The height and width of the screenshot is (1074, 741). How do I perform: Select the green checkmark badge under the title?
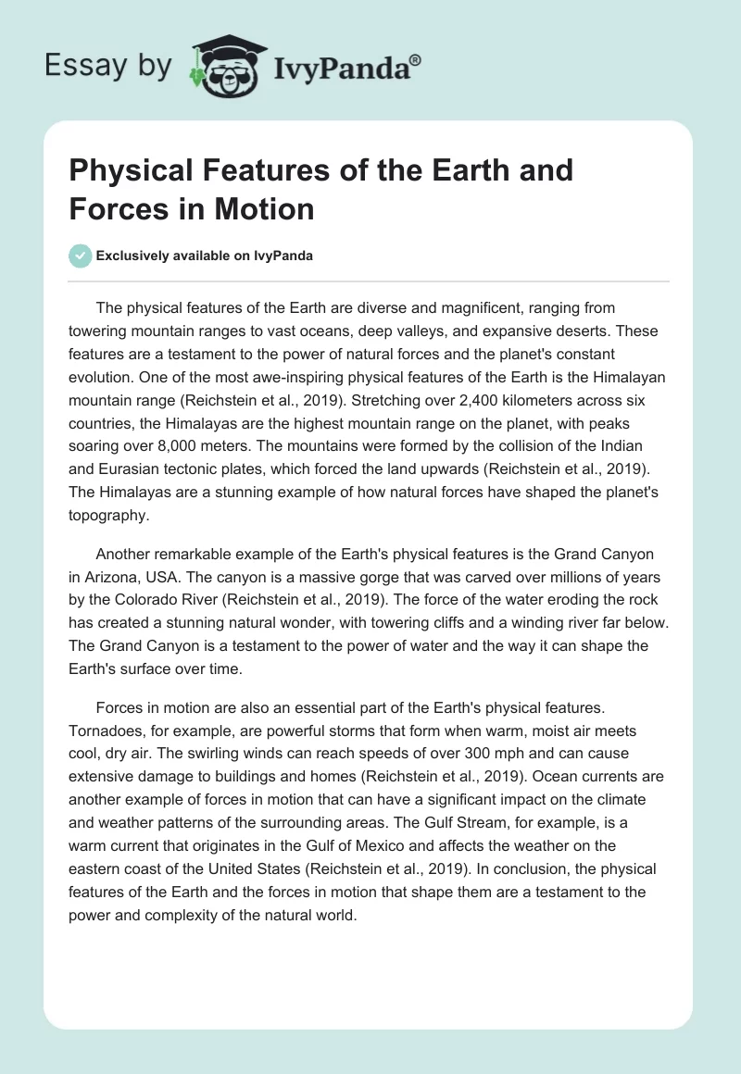tap(81, 256)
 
